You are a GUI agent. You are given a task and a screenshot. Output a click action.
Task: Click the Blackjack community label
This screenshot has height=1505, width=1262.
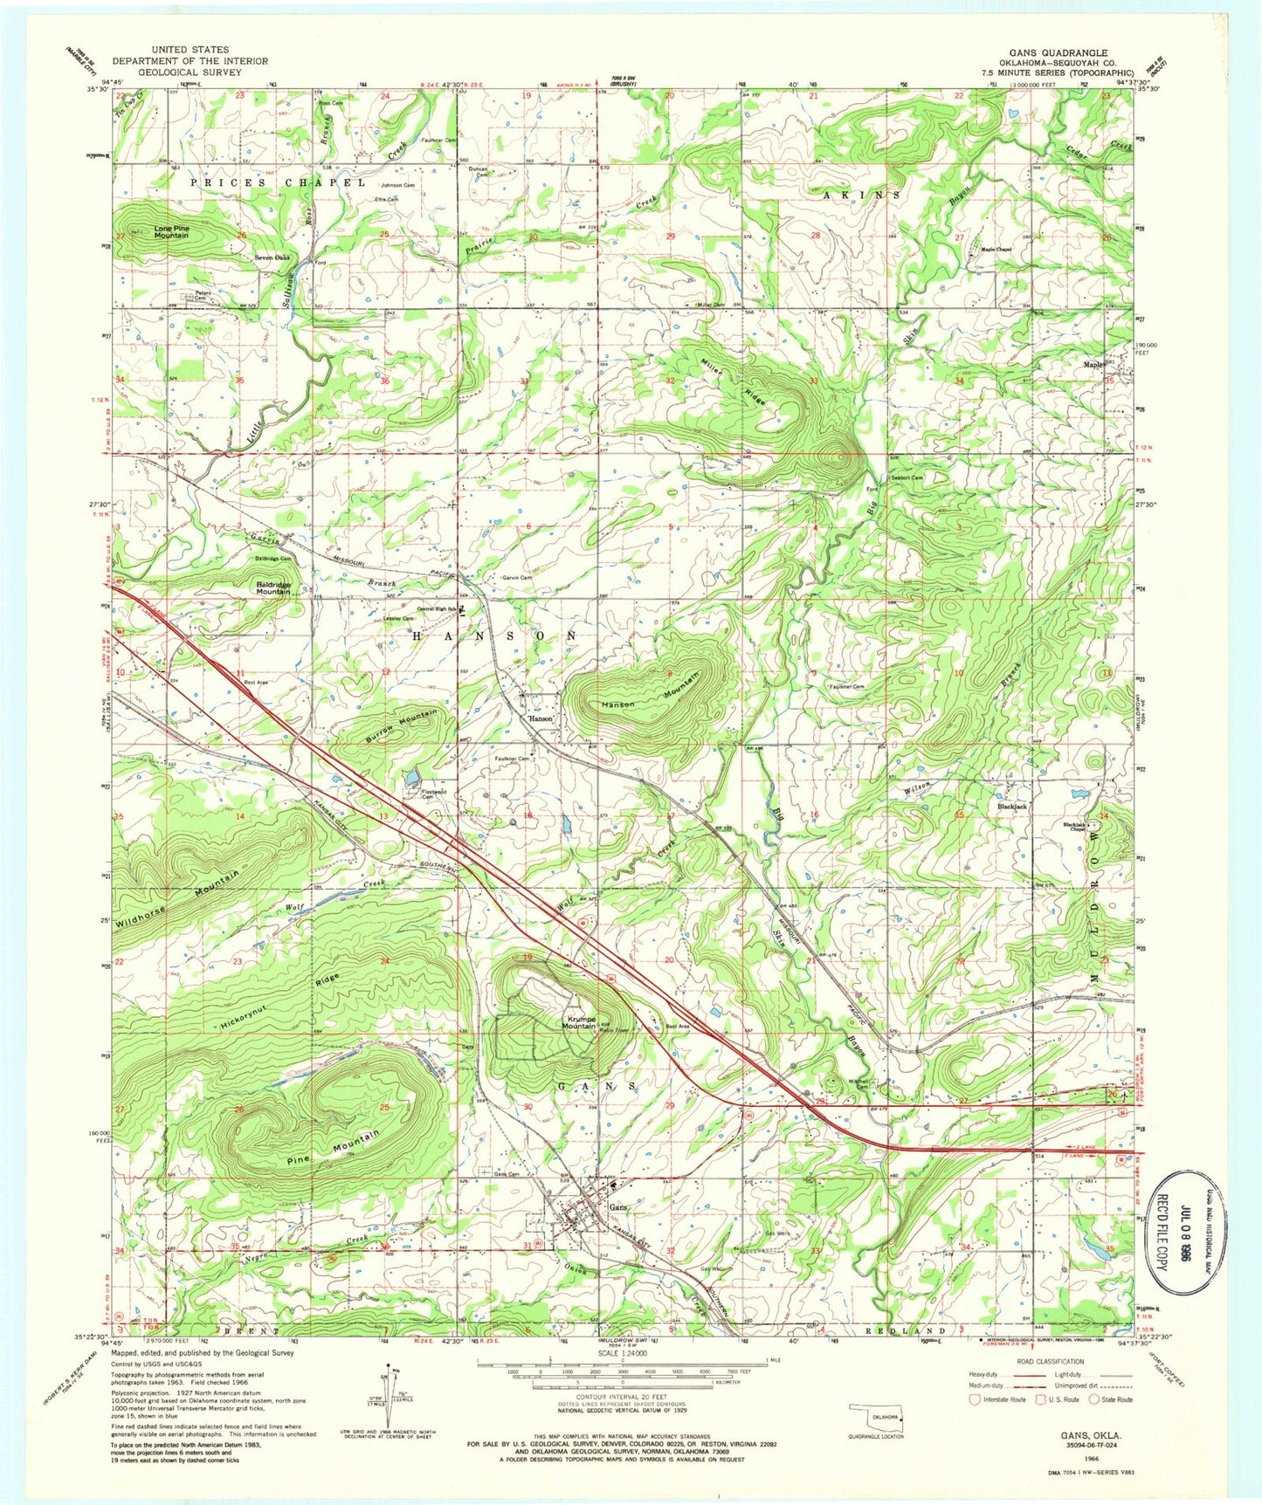(1012, 807)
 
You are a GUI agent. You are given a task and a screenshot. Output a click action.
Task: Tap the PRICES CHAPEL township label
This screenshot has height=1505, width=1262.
(272, 182)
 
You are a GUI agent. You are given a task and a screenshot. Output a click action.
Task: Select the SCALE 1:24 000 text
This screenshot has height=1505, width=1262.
(623, 1354)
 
